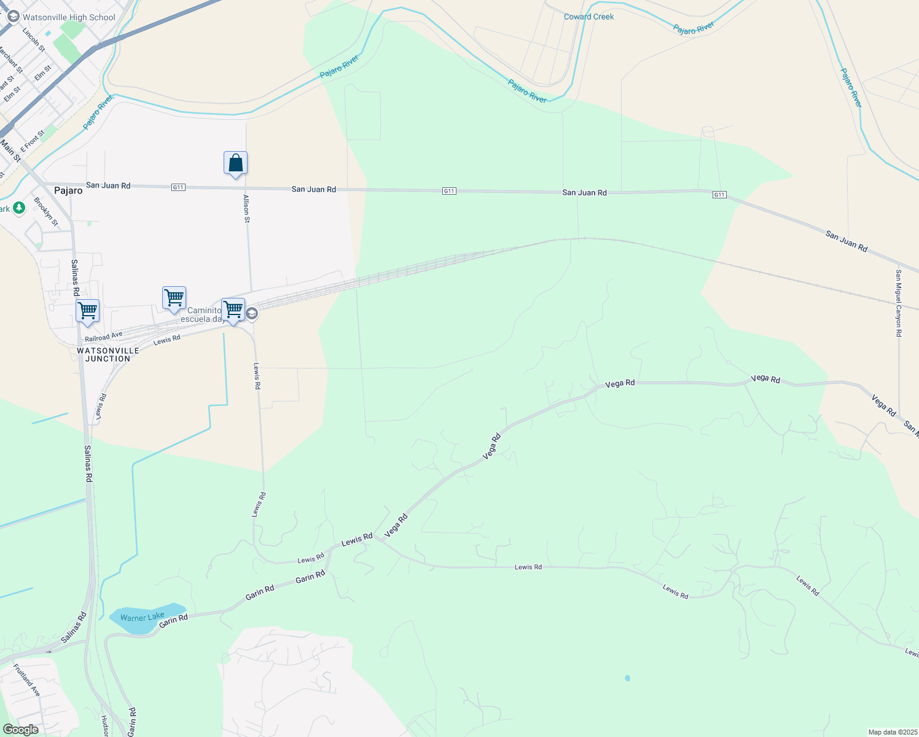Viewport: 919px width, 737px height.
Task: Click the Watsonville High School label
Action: (x=69, y=17)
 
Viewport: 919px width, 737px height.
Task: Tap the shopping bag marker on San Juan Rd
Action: (x=235, y=164)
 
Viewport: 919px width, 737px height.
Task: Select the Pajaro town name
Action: (x=68, y=190)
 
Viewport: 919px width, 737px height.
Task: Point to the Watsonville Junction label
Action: (x=108, y=354)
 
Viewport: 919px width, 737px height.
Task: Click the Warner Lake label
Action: (x=143, y=617)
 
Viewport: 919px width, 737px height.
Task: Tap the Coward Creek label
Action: (x=589, y=17)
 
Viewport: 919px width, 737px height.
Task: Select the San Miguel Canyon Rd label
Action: (x=899, y=303)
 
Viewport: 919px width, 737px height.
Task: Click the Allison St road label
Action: (x=246, y=208)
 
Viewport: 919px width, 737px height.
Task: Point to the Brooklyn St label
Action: (x=45, y=211)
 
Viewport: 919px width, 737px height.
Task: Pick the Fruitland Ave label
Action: (x=26, y=680)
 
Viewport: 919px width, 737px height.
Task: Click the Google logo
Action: (x=20, y=730)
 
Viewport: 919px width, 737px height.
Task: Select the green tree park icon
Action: (x=19, y=209)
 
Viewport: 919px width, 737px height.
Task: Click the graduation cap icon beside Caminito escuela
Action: (x=251, y=314)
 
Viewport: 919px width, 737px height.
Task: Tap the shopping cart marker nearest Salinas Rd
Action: (x=88, y=311)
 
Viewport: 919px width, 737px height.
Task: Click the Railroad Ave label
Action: (x=103, y=337)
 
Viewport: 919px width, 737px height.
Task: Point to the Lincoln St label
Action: (x=34, y=39)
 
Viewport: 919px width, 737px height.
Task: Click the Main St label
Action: (x=10, y=150)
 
